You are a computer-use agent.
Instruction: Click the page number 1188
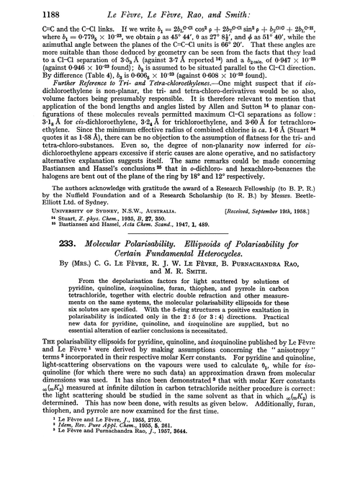(34, 11)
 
